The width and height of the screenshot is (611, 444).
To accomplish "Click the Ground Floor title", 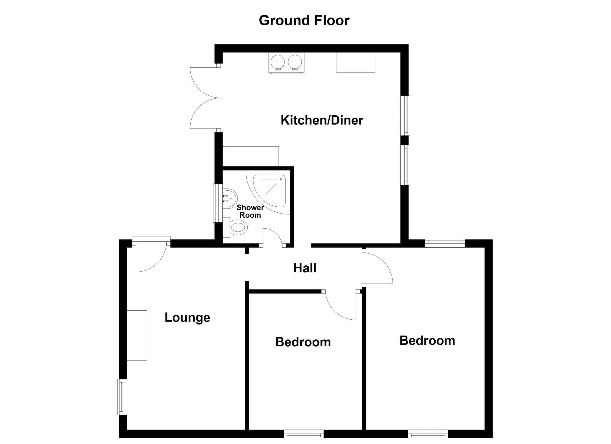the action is pyautogui.click(x=304, y=21).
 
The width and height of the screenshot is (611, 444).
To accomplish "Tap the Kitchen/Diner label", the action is pyautogui.click(x=322, y=120).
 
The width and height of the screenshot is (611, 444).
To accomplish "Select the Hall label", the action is pyautogui.click(x=305, y=268).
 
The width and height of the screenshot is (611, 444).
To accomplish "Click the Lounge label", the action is pyautogui.click(x=187, y=318).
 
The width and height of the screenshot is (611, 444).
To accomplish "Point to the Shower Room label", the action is pyautogui.click(x=250, y=211).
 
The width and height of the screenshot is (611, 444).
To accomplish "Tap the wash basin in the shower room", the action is pyautogui.click(x=230, y=198).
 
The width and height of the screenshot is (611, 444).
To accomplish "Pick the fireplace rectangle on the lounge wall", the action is pyautogui.click(x=137, y=335).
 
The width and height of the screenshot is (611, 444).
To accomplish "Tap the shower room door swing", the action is pyautogui.click(x=272, y=237).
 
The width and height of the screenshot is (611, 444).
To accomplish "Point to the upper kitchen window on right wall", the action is pyautogui.click(x=406, y=116).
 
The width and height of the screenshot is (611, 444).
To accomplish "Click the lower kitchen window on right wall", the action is pyautogui.click(x=406, y=165).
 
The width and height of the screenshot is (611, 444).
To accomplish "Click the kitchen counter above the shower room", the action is pyautogui.click(x=251, y=156).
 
